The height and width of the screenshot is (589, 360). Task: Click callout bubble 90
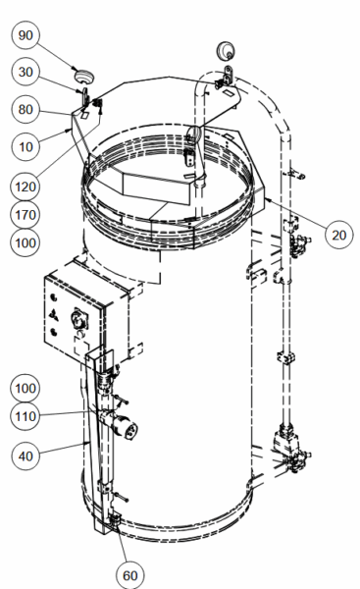26,35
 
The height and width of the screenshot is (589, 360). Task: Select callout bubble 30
26,72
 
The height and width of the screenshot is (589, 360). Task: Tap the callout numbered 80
26,109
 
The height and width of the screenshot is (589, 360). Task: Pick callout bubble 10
26,146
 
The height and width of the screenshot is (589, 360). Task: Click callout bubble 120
26,187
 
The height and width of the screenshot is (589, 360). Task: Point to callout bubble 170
26,215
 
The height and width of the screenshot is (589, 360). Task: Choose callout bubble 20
338,235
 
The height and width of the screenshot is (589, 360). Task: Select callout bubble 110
26,416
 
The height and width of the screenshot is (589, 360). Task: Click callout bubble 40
26,456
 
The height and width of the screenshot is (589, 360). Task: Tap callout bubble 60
130,575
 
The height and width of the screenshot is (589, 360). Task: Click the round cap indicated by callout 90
84,77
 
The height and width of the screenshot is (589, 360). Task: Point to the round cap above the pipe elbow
226,50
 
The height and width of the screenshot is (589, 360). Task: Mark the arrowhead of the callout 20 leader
266,198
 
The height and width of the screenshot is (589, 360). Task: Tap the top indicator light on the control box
54,297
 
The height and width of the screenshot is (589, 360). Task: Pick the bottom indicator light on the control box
54,332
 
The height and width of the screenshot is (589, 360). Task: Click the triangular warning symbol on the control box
55,315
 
